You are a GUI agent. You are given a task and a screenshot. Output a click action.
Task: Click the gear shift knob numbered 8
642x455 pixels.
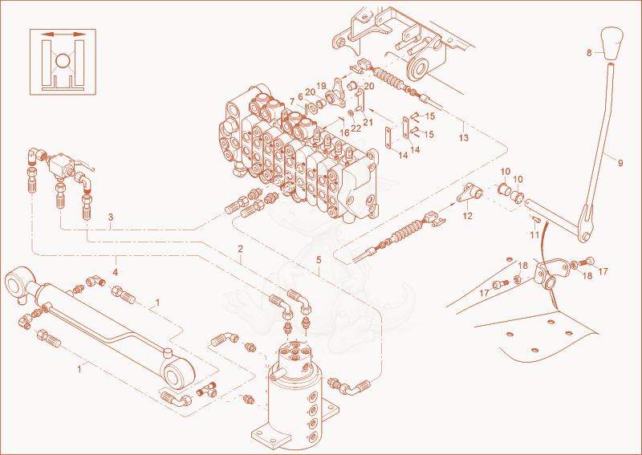click(x=612, y=44)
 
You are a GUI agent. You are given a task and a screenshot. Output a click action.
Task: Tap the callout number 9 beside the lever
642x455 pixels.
click(x=620, y=163)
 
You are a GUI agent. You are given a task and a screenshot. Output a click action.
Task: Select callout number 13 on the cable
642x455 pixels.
click(x=464, y=137)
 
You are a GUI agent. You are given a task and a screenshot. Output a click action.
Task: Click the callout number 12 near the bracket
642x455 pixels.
click(x=467, y=216)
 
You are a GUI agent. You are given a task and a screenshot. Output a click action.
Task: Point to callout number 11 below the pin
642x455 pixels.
click(x=534, y=234)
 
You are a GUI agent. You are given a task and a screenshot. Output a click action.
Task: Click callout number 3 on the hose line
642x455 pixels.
click(x=111, y=217)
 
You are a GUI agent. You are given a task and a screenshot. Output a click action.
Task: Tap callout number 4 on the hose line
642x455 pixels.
click(x=116, y=272)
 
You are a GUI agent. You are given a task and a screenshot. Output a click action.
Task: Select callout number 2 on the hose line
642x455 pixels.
click(x=240, y=249)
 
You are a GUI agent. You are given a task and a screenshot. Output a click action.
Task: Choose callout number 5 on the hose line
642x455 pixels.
click(x=319, y=260)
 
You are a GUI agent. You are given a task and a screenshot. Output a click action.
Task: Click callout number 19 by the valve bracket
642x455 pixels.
click(x=321, y=86)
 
